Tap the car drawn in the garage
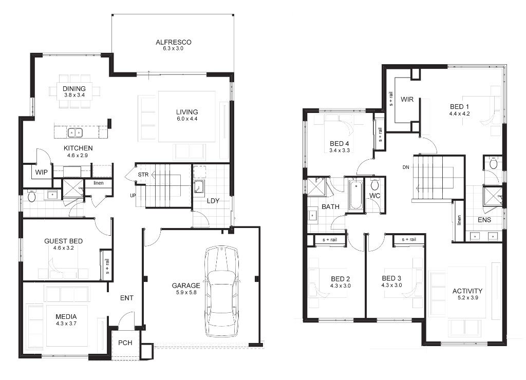point(221,291)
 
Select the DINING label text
point(74,89)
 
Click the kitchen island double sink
point(75,133)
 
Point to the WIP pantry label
point(41,172)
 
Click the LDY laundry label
point(213,201)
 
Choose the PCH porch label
point(125,343)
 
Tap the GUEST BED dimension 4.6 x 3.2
point(63,248)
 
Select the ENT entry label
point(127,298)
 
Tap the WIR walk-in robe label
point(407,99)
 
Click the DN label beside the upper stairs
point(406,167)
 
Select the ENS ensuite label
point(484,220)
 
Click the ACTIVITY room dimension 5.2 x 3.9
point(467,297)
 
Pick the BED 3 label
point(391,278)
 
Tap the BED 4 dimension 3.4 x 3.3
point(340,150)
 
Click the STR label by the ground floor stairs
point(143,175)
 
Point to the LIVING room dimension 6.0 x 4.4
point(187,119)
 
